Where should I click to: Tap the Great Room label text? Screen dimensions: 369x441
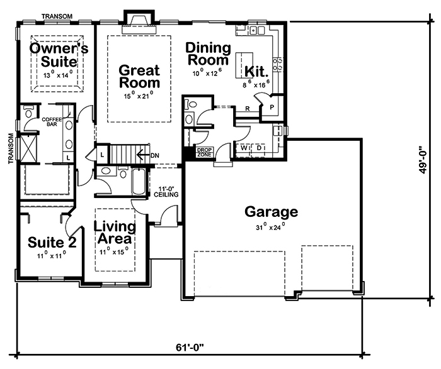[139, 76]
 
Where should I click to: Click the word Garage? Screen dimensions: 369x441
[271, 212]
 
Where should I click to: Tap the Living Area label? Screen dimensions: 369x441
[114, 233]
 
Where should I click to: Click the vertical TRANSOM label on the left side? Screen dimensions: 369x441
[11, 148]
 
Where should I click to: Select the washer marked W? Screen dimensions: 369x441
[243, 148]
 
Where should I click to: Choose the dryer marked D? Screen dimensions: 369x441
[260, 148]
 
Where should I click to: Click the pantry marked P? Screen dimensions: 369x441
[273, 107]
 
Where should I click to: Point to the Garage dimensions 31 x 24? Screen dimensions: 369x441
[271, 227]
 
